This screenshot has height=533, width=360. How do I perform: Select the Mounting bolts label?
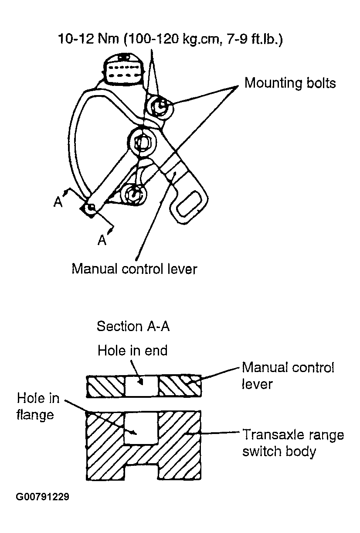[290, 83]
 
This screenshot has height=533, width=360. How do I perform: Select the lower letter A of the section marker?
[102, 240]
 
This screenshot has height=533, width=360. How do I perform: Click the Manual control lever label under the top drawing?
[134, 269]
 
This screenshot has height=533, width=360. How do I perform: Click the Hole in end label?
[132, 350]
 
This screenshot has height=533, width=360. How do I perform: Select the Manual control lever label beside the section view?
[288, 375]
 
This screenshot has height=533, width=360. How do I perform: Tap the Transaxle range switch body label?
[293, 443]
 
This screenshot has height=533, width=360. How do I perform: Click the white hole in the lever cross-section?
[142, 387]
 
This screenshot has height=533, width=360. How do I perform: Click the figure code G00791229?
[42, 497]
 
